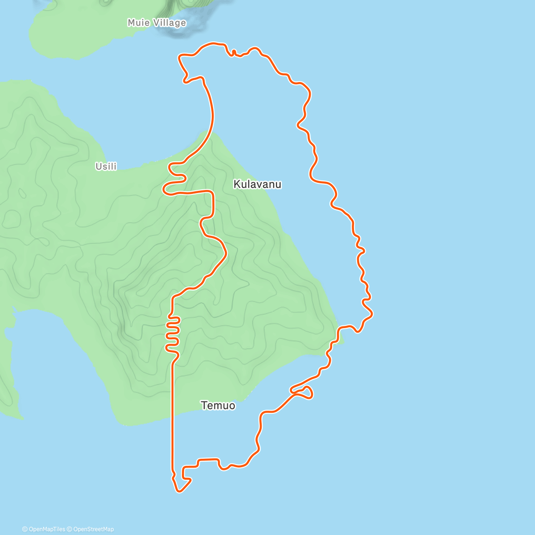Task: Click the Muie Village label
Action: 156,23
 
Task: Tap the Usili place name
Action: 106,166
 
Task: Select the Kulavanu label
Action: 257,184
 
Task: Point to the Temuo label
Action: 218,406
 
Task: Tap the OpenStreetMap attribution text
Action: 93,529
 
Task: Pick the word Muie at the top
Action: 139,23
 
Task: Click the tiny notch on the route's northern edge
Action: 234,52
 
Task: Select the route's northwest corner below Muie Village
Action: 180,57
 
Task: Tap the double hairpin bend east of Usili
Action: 174,178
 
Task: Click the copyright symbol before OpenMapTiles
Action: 25,529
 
